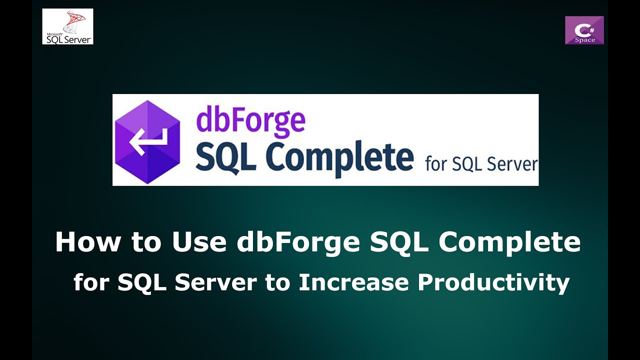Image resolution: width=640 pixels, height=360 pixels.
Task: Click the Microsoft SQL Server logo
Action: pos(67,26)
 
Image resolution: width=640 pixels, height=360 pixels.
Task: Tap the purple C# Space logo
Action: pos(584,30)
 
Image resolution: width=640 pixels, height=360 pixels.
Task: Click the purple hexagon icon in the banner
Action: pos(147,142)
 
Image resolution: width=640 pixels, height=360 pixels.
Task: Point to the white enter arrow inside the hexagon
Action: pos(146,141)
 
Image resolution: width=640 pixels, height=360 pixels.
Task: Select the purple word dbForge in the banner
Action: pos(250,121)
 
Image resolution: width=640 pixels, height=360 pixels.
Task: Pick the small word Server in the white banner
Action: pos(512,164)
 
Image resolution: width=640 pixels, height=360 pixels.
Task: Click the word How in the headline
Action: pos(88,242)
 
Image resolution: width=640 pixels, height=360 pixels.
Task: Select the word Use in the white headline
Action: pos(199,242)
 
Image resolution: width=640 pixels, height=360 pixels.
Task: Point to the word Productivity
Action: pos(493,283)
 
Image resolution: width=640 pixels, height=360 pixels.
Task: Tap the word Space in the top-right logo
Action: pos(584,40)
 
